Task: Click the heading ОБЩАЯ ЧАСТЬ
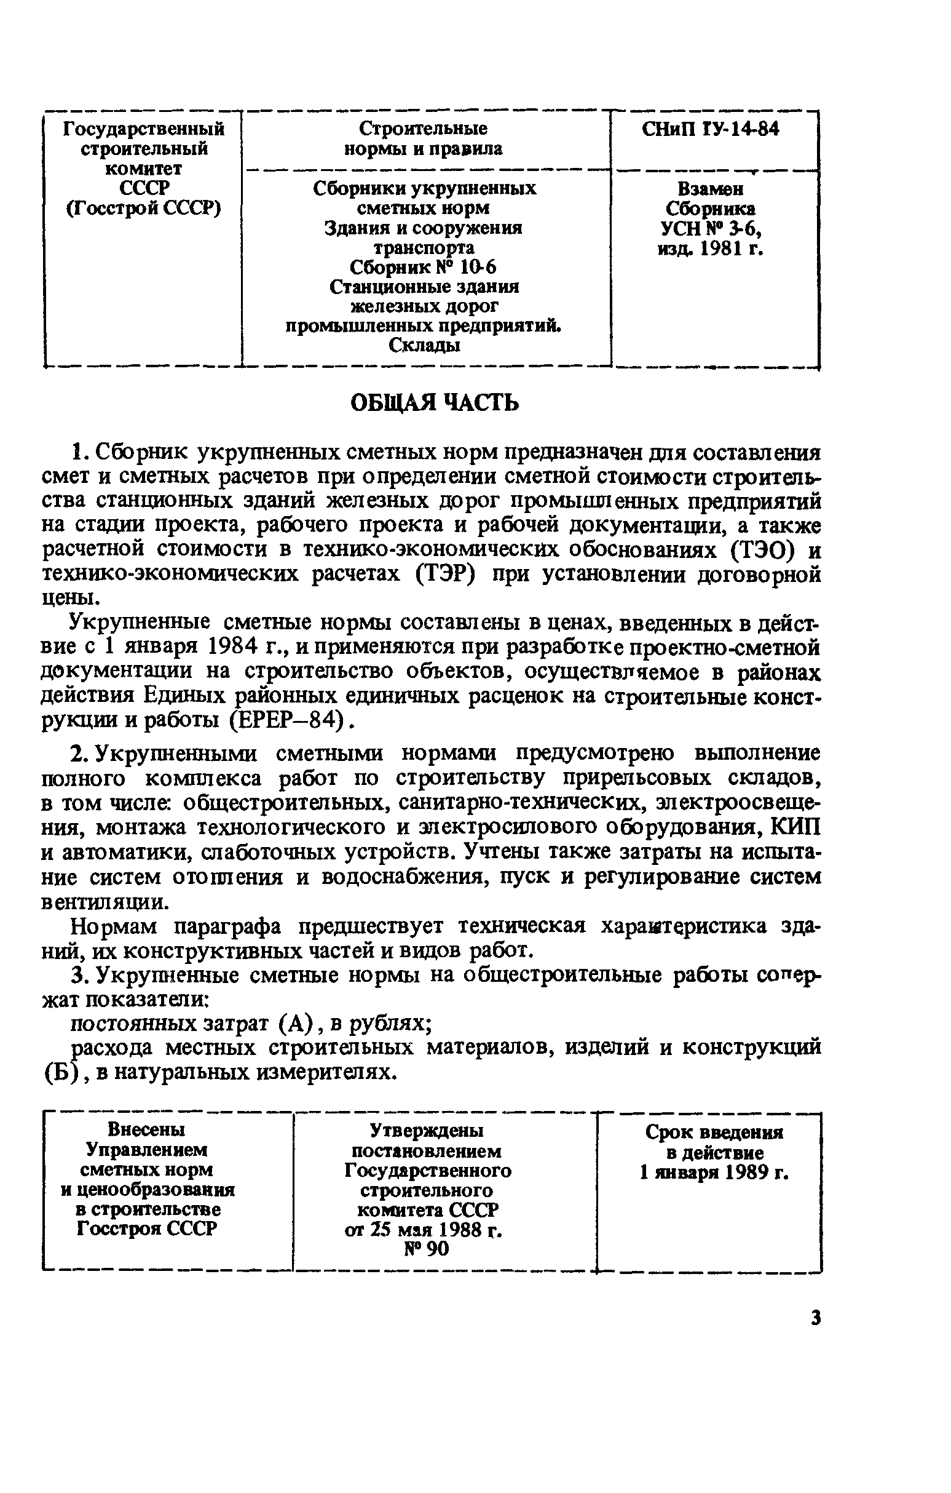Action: click(434, 404)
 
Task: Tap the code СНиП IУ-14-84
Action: click(710, 129)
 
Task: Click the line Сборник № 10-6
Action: click(423, 267)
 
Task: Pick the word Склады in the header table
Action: click(424, 345)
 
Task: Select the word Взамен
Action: click(710, 188)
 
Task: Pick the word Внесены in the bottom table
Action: click(147, 1129)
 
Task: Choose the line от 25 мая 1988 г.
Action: click(423, 1229)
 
